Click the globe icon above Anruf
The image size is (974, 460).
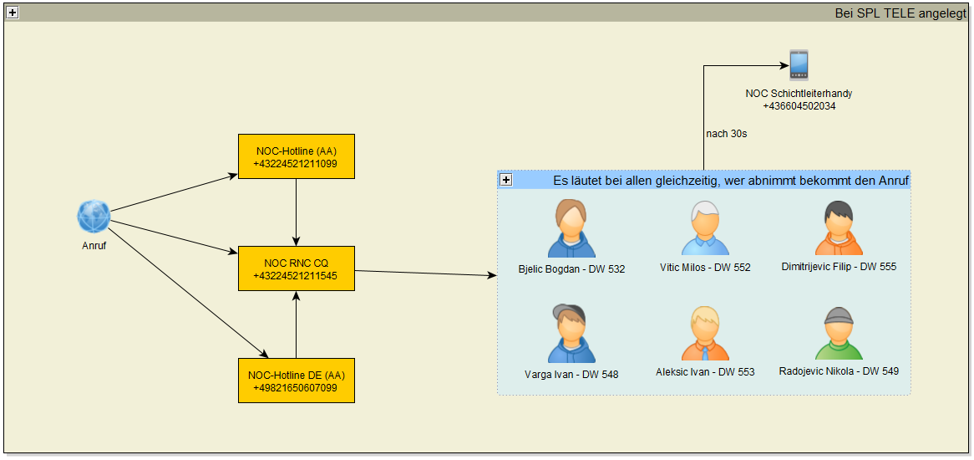[94, 217]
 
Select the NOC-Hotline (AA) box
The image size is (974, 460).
[297, 156]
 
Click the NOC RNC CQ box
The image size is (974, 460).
[297, 268]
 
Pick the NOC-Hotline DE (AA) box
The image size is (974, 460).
[297, 381]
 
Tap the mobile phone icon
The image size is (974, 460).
[799, 65]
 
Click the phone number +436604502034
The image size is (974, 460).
[799, 106]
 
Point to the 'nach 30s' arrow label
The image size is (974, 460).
[723, 134]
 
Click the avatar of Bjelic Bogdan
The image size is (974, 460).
[571, 228]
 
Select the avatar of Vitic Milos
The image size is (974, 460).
[705, 228]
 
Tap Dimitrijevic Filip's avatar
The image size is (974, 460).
[839, 228]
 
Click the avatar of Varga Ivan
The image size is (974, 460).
[571, 334]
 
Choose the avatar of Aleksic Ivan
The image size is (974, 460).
[705, 334]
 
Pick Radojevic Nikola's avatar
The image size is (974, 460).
[839, 334]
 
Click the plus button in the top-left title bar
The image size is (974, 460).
[13, 13]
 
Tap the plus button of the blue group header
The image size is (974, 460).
[506, 181]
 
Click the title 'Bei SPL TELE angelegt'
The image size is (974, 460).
[900, 13]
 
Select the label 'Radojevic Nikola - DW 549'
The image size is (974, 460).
[839, 371]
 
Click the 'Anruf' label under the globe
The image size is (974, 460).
[94, 246]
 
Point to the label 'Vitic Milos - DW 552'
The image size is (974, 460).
[705, 268]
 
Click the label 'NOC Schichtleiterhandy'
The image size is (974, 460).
[799, 94]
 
